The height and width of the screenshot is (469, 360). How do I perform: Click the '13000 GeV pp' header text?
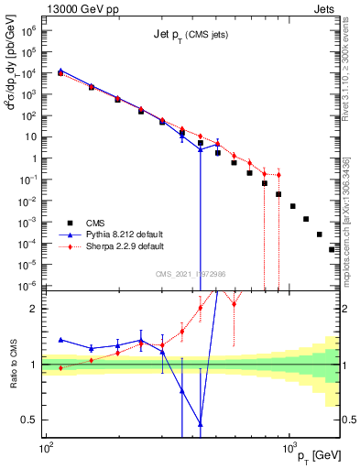click(x=82, y=8)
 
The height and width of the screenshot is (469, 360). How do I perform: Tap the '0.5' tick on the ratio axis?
click(x=32, y=420)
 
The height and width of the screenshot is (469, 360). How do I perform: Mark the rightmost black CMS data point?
click(x=332, y=249)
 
